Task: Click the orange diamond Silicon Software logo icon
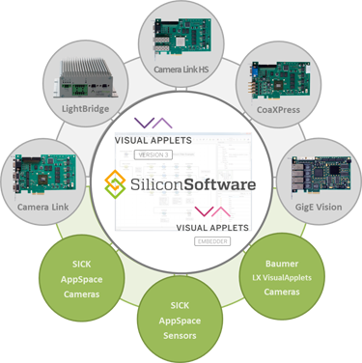[117, 181]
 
